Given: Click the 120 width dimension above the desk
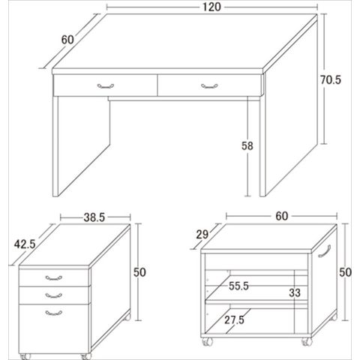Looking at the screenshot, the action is click(x=211, y=7).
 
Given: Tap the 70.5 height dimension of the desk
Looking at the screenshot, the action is click(x=331, y=80).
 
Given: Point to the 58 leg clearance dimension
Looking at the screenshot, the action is click(x=247, y=145).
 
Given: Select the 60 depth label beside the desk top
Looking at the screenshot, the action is click(x=67, y=40).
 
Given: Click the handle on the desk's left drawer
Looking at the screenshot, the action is click(x=106, y=86).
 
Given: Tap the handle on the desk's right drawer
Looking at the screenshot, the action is click(x=209, y=86).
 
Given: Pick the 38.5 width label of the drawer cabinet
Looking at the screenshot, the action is click(x=94, y=217).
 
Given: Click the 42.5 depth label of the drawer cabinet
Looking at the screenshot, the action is click(x=25, y=244).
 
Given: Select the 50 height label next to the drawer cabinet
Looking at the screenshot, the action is click(x=139, y=272).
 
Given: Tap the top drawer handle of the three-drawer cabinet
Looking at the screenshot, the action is click(x=54, y=278).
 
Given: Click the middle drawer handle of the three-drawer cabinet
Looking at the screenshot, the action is click(x=54, y=295).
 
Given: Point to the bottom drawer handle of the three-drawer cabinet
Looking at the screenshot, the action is click(x=54, y=313).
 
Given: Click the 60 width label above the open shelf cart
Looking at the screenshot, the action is click(x=282, y=216).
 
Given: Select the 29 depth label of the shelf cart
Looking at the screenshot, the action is click(x=202, y=235).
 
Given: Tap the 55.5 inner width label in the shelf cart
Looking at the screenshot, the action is click(x=238, y=286).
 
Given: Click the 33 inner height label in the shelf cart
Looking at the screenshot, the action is click(x=295, y=292).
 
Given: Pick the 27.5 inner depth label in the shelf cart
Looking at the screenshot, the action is click(x=234, y=320).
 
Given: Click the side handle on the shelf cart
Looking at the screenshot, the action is click(x=325, y=250).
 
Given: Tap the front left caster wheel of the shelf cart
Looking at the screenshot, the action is click(x=207, y=342).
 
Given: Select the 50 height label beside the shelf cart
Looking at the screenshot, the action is click(x=345, y=272).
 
